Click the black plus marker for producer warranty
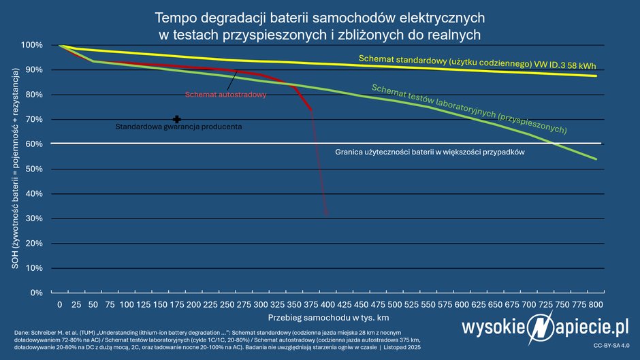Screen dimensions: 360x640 pos(177,119)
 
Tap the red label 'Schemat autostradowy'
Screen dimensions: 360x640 pos(225,95)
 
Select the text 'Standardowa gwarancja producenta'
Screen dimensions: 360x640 pos(178,127)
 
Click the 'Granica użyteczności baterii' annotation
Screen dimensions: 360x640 pos(430,152)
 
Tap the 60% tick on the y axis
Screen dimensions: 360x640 pos(33,144)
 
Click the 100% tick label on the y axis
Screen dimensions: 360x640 pos(32,45)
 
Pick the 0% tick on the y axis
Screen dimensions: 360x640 pos(35,293)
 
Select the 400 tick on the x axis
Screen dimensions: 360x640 pos(327,304)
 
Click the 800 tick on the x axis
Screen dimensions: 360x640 pos(596,304)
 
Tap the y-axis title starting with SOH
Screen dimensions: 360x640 pos(15,169)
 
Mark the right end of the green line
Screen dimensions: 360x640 pos(596,159)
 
